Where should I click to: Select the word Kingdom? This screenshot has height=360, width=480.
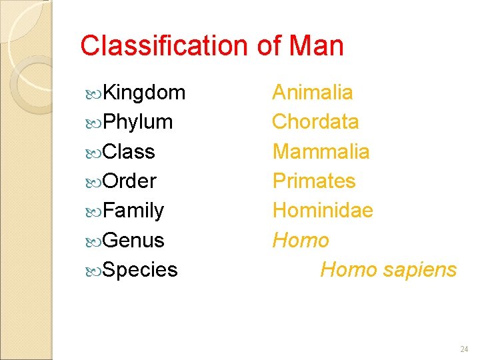point(145,93)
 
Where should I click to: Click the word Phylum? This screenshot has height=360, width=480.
point(139,122)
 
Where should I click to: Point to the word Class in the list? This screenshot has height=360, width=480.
point(129,151)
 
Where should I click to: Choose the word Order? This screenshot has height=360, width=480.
point(130,181)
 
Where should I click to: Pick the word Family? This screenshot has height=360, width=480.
point(133,211)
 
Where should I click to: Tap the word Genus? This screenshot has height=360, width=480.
point(133,240)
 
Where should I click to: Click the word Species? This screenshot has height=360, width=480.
point(140,270)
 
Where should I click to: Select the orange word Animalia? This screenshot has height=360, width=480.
point(313,92)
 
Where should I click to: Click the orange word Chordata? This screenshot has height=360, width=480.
point(315,122)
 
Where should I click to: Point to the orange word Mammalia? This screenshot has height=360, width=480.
point(321,151)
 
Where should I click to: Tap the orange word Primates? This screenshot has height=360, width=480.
point(314,181)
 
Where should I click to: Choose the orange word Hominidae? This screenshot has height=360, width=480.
point(323,211)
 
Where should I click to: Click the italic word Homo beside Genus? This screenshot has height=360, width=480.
point(301,240)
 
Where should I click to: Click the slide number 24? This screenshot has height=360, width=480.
point(464,349)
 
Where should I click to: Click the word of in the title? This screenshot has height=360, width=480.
point(268,46)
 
